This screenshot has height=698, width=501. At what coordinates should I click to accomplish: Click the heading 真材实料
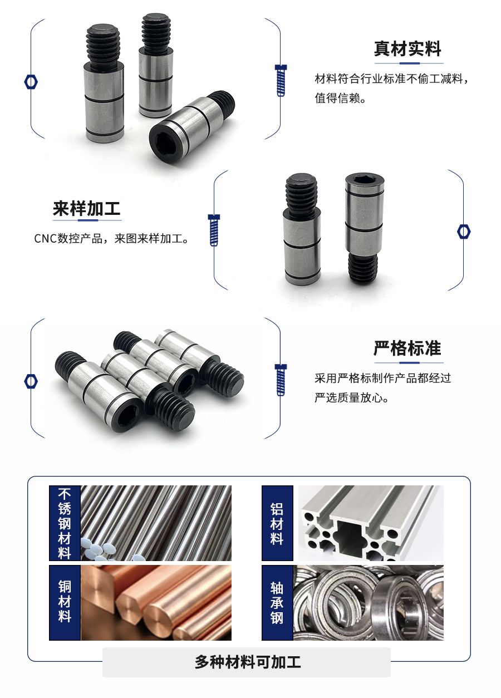pos(407,49)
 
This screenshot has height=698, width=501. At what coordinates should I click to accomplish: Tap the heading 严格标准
pos(407,349)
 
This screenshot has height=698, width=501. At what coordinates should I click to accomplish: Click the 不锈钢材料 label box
pos(65,523)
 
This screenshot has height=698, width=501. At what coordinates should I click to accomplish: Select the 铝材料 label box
pos(277,523)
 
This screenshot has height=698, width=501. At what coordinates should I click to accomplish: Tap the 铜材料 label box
pos(65,602)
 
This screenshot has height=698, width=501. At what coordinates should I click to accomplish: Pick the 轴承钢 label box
pos(277,602)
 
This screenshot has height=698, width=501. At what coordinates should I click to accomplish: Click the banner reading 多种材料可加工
pos(247,662)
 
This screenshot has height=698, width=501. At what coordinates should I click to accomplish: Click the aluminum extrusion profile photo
pos(371,523)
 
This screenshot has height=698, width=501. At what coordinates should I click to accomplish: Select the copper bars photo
pos(156,602)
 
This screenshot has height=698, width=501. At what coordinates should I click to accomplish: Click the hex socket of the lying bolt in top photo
pos(166,142)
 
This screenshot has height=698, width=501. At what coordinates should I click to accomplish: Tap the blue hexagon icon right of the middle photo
pos(464,231)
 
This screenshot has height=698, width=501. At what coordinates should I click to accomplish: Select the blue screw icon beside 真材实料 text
pos(281,80)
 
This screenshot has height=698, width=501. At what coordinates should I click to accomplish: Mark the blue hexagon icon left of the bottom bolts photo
pos(31,381)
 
